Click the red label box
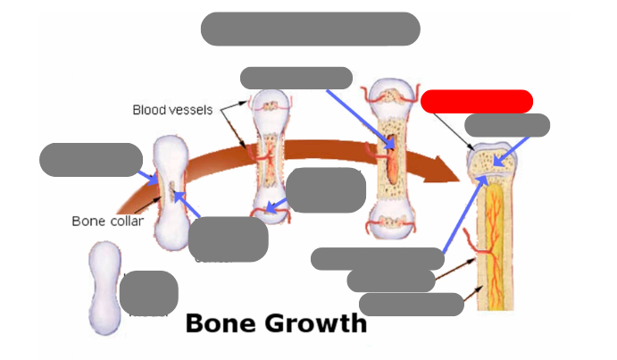pos(477,101)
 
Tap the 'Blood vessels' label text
pos(172,110)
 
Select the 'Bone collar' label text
pos(107,221)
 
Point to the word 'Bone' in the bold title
pos(217,322)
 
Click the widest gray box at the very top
pos(310,29)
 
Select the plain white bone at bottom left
pos(105,288)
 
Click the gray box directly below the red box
pos(507,126)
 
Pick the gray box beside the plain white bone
pos(148,293)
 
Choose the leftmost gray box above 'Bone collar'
pos(91,160)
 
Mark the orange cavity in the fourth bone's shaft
pos(393,162)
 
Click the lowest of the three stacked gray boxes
pos(411,305)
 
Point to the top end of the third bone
pos(269,102)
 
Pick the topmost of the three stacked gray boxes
pos(377,259)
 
